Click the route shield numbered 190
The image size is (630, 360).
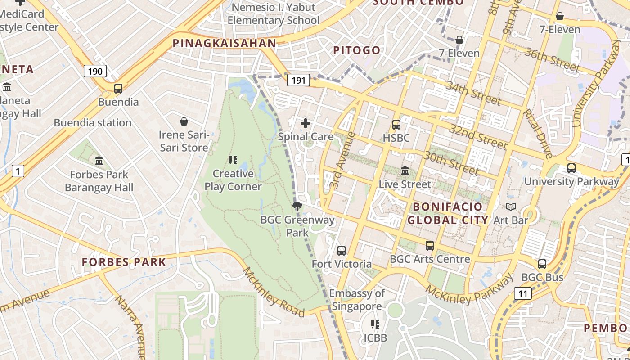tap(94, 71)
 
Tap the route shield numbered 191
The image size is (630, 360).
tap(298, 81)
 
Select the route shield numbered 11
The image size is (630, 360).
tap(522, 294)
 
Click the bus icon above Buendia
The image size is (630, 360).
tap(118, 89)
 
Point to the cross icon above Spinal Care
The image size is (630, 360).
tap(306, 123)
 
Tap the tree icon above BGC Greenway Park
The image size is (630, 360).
tap(297, 207)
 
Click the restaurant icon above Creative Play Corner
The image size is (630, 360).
tap(233, 160)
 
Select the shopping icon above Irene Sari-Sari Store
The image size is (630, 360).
tap(184, 121)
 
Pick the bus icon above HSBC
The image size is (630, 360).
tap(396, 125)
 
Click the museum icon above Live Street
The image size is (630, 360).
tap(405, 171)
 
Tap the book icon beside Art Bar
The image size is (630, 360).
tap(511, 207)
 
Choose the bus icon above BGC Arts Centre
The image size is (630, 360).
tap(430, 246)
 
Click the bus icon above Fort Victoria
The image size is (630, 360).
tap(342, 251)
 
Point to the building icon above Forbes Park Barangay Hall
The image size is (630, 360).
tap(99, 161)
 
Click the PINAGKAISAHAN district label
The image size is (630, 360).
tap(224, 43)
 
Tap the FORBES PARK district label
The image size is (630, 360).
tap(124, 262)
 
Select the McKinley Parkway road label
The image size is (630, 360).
tap(470, 288)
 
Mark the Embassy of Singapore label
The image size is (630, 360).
tap(357, 300)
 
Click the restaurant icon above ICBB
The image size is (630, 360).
tap(375, 324)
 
